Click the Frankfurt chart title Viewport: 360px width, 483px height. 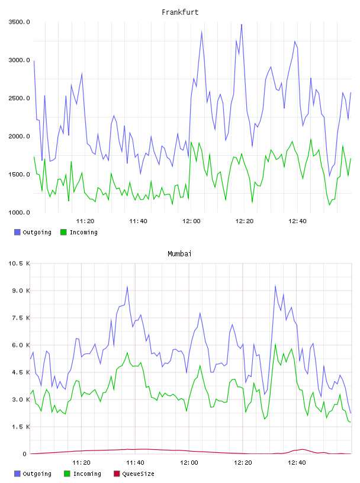[x=180, y=12]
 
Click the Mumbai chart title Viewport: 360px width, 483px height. [x=179, y=254]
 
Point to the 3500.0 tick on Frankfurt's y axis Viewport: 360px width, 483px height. [x=19, y=22]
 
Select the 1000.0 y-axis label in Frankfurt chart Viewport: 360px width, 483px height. [x=19, y=212]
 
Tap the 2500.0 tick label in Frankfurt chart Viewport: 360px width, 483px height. [x=19, y=98]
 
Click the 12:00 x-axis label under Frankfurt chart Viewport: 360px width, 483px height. [x=191, y=221]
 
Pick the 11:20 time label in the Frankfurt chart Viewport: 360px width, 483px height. [x=85, y=221]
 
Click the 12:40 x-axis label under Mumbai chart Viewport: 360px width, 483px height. [x=297, y=463]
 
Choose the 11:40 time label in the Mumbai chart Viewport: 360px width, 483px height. [x=135, y=463]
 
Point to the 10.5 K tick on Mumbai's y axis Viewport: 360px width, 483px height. [x=19, y=263]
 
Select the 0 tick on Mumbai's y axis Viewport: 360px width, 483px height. [x=24, y=454]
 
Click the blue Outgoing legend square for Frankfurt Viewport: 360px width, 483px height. [x=17, y=232]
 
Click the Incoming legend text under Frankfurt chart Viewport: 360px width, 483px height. [x=83, y=233]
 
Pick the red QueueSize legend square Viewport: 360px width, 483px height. [x=117, y=474]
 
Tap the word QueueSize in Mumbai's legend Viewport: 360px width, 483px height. [x=138, y=474]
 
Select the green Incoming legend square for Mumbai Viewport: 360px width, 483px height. [x=67, y=474]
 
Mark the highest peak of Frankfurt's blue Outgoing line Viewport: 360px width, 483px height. [x=242, y=24]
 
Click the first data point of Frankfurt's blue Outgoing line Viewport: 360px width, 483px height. [x=34, y=61]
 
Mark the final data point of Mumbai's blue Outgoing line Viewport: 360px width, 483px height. [x=351, y=413]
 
